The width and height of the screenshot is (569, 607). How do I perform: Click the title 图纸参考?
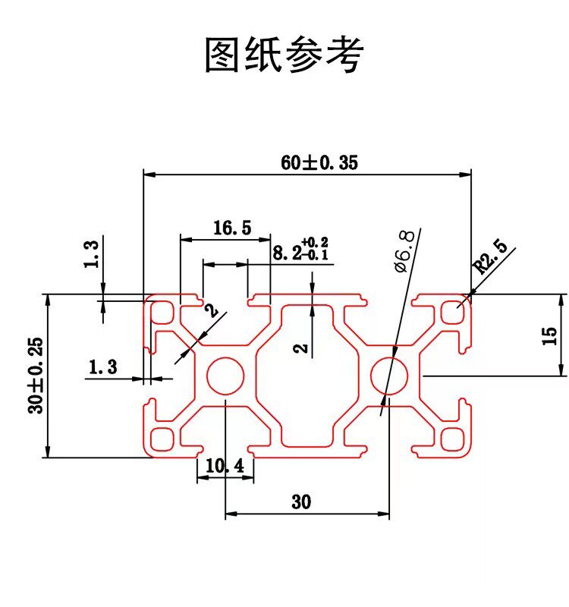284,55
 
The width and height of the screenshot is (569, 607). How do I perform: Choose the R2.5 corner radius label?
489,257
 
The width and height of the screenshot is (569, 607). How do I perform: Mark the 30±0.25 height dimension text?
35,376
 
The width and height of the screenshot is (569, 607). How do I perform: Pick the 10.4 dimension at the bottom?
225,467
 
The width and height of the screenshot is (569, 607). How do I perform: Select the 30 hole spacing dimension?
301,502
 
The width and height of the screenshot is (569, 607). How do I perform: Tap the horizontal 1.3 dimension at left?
102,368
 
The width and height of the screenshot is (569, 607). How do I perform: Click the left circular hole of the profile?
225,375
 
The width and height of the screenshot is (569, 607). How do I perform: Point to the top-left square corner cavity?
162,312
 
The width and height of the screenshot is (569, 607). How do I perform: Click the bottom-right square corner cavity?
453,439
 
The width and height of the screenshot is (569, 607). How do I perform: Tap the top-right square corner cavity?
453,312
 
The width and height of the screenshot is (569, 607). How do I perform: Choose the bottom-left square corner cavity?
162,439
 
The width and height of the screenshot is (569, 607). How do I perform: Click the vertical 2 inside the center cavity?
300,348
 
